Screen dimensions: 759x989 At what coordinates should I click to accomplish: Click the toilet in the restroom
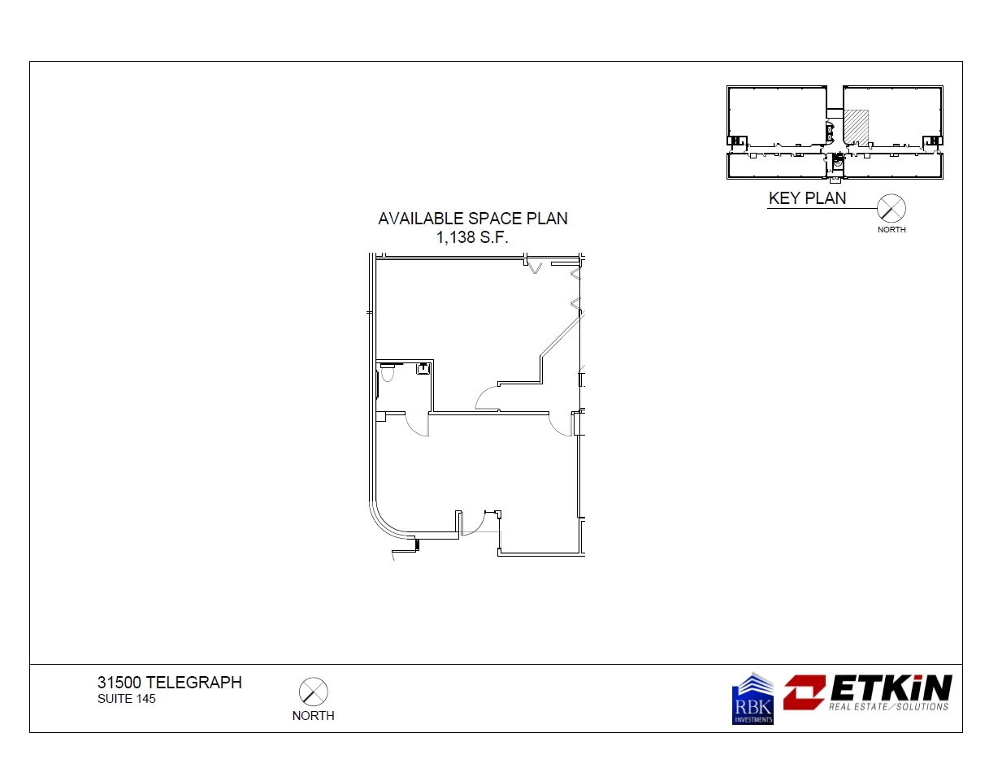(387, 375)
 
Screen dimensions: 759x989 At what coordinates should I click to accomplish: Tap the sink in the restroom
(423, 369)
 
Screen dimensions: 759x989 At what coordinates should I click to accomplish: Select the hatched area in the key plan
(856, 127)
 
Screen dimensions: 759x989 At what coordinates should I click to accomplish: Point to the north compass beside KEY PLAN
(891, 209)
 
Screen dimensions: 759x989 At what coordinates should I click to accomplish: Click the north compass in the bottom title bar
(313, 692)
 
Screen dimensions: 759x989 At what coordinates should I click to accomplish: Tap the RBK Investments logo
(753, 699)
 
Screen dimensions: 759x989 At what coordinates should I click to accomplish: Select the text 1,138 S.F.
(472, 236)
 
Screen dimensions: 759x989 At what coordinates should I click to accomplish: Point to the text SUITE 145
(126, 699)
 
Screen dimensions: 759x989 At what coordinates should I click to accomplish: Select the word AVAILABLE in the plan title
(421, 219)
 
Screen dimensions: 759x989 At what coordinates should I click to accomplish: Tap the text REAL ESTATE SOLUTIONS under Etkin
(888, 706)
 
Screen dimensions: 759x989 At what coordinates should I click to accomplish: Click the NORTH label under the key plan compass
(891, 229)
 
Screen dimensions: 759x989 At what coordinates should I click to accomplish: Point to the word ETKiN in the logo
(890, 688)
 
